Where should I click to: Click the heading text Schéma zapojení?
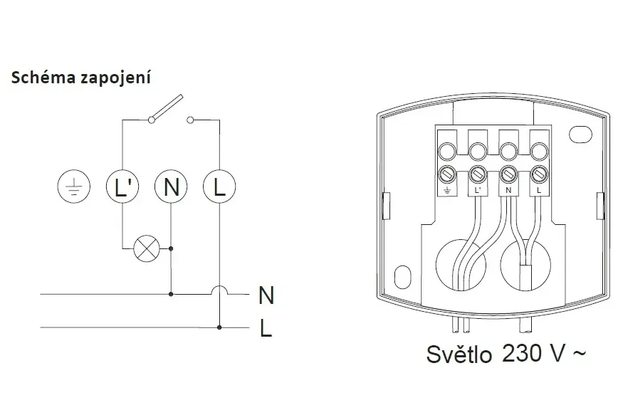click(x=81, y=78)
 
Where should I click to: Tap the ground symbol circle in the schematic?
click(x=74, y=187)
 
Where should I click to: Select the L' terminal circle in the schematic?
click(x=122, y=187)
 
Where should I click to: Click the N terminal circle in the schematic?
click(x=171, y=187)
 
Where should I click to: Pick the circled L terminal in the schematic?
click(x=219, y=187)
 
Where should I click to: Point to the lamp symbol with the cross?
click(x=146, y=249)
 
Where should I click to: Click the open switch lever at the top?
click(x=166, y=107)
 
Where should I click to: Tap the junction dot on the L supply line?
click(x=219, y=327)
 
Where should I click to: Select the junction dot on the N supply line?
click(x=171, y=294)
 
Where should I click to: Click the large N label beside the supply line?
click(x=266, y=295)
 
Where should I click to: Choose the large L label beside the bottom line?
click(x=266, y=329)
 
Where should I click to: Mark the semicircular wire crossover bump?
click(x=219, y=290)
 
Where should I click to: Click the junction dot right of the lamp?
click(x=171, y=248)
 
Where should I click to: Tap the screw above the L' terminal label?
click(x=478, y=174)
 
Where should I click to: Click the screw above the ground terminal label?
click(x=447, y=174)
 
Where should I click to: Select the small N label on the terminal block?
click(x=508, y=190)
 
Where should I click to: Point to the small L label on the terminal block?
click(x=539, y=190)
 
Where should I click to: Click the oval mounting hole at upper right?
click(x=580, y=134)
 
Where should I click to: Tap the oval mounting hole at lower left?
click(x=403, y=276)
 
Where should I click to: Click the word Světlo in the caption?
click(x=459, y=354)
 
